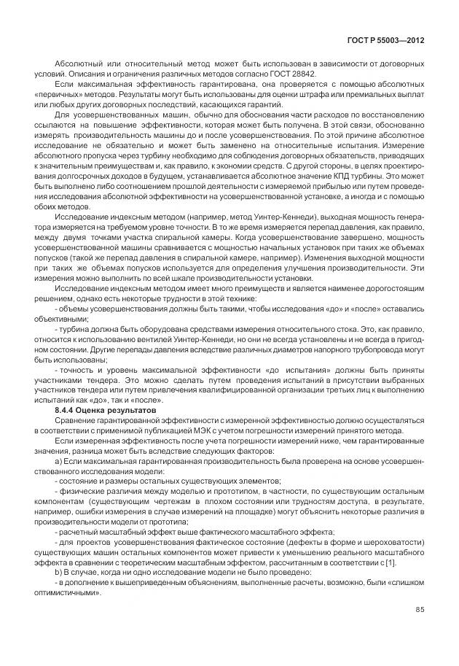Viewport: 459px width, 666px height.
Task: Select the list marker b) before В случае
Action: [x=59, y=573]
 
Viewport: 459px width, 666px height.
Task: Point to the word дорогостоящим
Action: [x=392, y=287]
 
